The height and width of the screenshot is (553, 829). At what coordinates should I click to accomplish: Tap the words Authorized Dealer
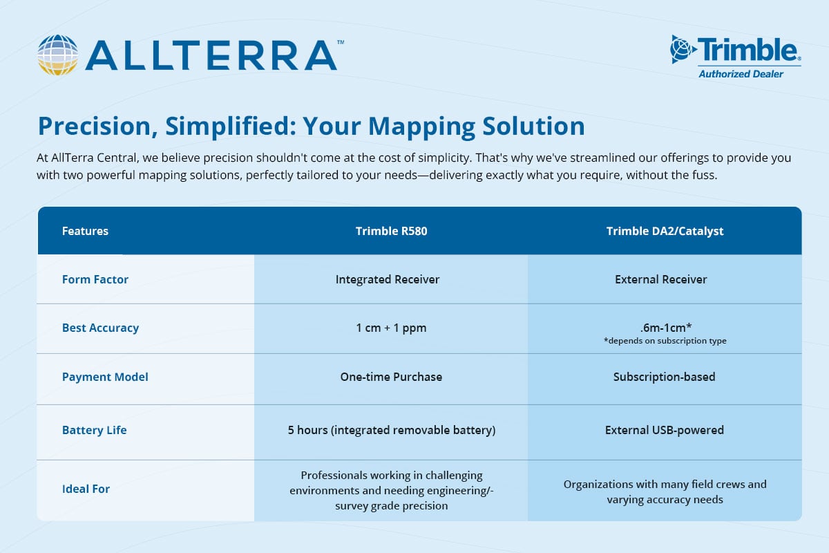[x=741, y=74]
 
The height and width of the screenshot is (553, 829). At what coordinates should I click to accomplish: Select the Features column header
[x=85, y=231]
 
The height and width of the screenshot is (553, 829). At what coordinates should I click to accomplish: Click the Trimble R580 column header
[x=391, y=231]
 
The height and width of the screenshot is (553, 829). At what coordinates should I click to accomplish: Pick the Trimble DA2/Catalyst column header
[x=665, y=231]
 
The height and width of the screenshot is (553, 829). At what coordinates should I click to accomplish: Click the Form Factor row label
[x=95, y=279]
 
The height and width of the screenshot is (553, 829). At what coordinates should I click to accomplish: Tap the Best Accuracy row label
[x=100, y=328]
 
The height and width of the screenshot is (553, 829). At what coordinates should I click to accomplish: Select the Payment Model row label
[x=105, y=377]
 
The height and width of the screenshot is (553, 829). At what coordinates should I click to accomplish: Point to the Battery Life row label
[x=95, y=430]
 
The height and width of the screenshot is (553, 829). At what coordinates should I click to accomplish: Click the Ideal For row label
[x=86, y=489]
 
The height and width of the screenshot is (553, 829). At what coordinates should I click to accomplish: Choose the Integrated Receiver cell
[x=388, y=279]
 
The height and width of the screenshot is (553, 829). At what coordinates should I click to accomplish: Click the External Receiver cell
[x=660, y=279]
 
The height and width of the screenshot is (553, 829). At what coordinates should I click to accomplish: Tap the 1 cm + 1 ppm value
[x=391, y=328]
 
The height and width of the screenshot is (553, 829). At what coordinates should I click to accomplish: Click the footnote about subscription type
[x=664, y=341]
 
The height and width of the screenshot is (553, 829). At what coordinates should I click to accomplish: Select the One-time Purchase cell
[x=391, y=377]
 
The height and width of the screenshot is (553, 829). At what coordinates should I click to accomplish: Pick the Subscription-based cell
[x=664, y=377]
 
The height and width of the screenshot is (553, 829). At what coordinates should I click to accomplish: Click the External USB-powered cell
[x=664, y=430]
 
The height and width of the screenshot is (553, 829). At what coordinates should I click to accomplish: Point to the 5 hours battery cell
[x=391, y=430]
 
